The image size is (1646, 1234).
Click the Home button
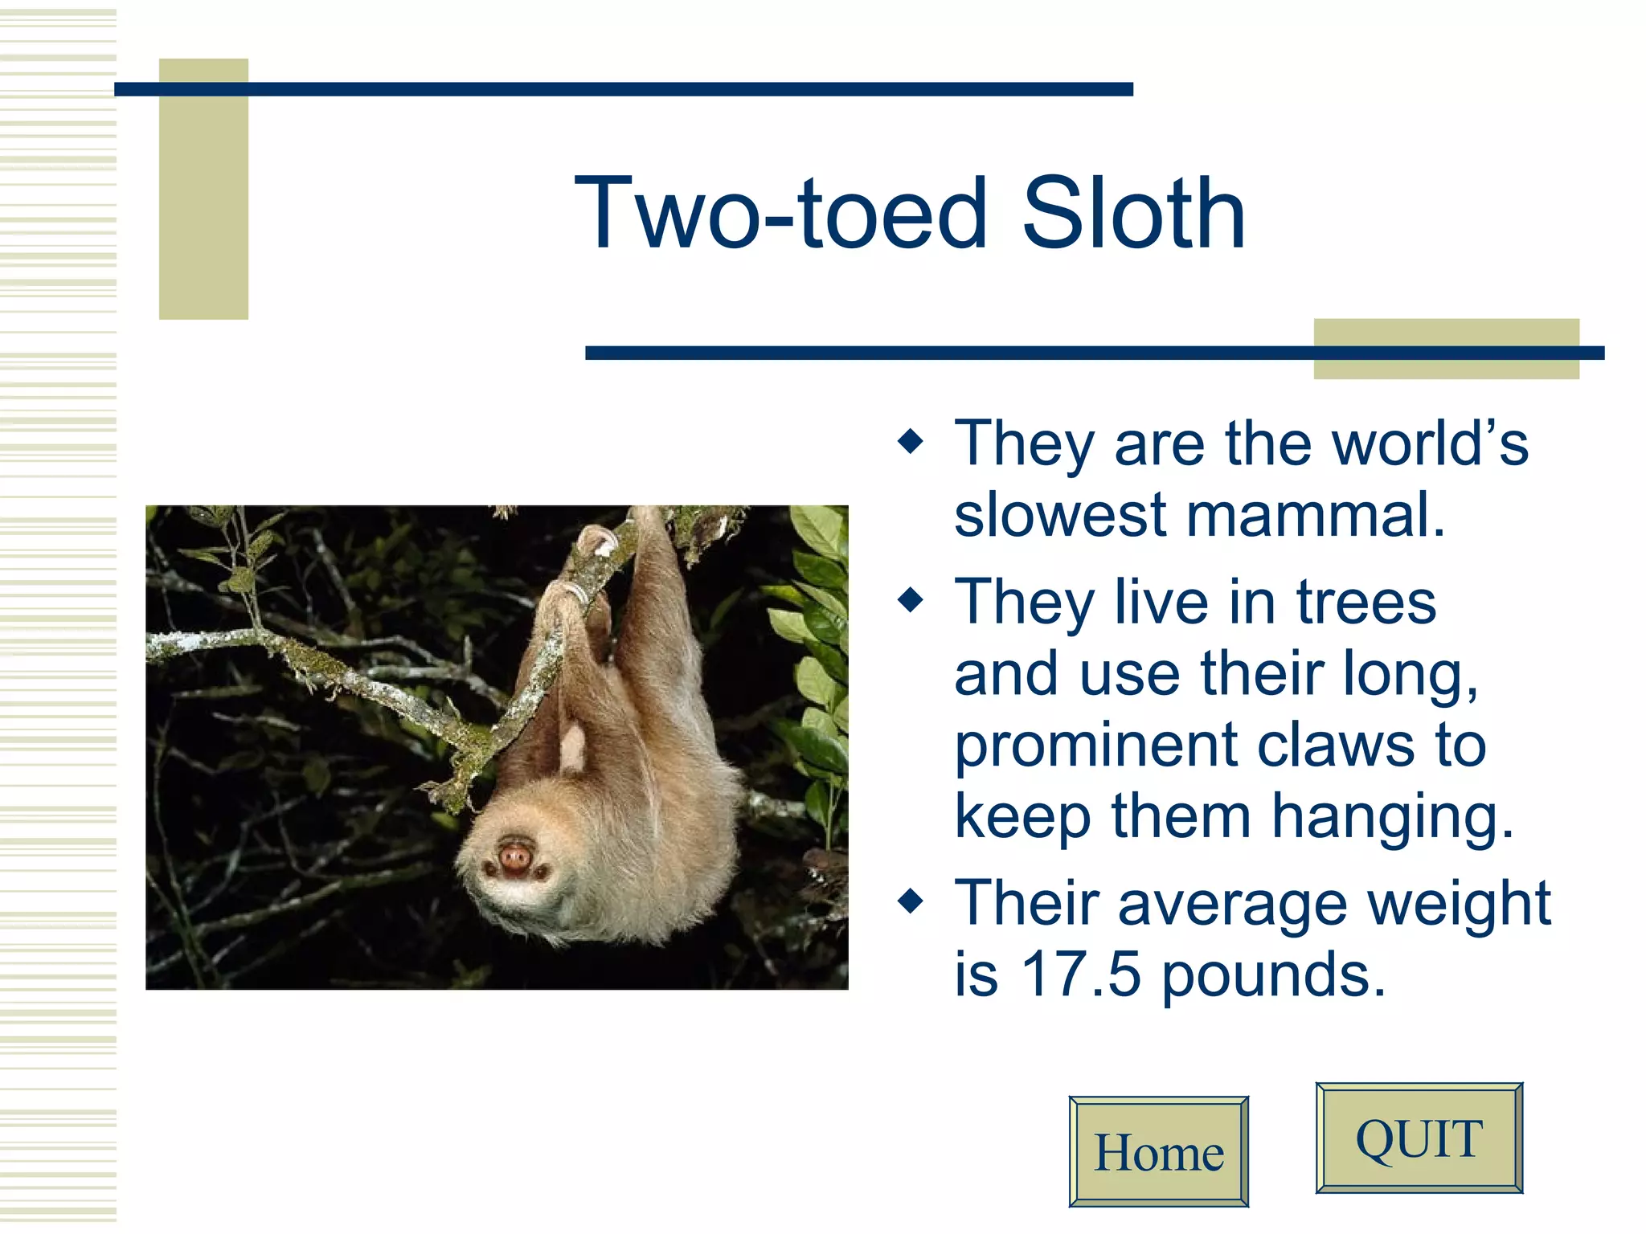(1158, 1152)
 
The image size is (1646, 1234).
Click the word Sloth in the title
(1133, 214)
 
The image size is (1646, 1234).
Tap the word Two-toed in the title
(780, 214)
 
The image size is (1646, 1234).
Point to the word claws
(1335, 746)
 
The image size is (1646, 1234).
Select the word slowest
(1060, 515)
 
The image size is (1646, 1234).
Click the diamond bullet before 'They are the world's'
(911, 441)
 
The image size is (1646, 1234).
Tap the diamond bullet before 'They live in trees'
(911, 599)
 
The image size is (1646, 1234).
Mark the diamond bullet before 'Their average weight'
(911, 901)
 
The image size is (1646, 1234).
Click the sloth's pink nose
(514, 855)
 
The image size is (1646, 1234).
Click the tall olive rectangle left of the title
(203, 190)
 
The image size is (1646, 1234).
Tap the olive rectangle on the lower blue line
(1446, 349)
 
